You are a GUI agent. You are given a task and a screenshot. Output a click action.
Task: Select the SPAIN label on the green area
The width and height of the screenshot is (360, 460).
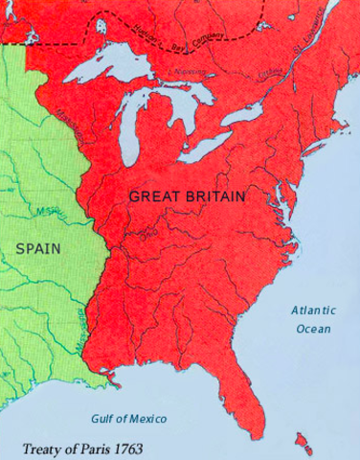[38, 247]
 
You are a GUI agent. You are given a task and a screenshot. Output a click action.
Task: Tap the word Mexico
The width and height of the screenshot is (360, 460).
[146, 420]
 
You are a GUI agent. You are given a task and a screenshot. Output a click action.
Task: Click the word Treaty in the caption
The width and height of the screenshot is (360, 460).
[43, 447]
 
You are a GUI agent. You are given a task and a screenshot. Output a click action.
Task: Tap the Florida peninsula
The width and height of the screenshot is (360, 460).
[250, 402]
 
